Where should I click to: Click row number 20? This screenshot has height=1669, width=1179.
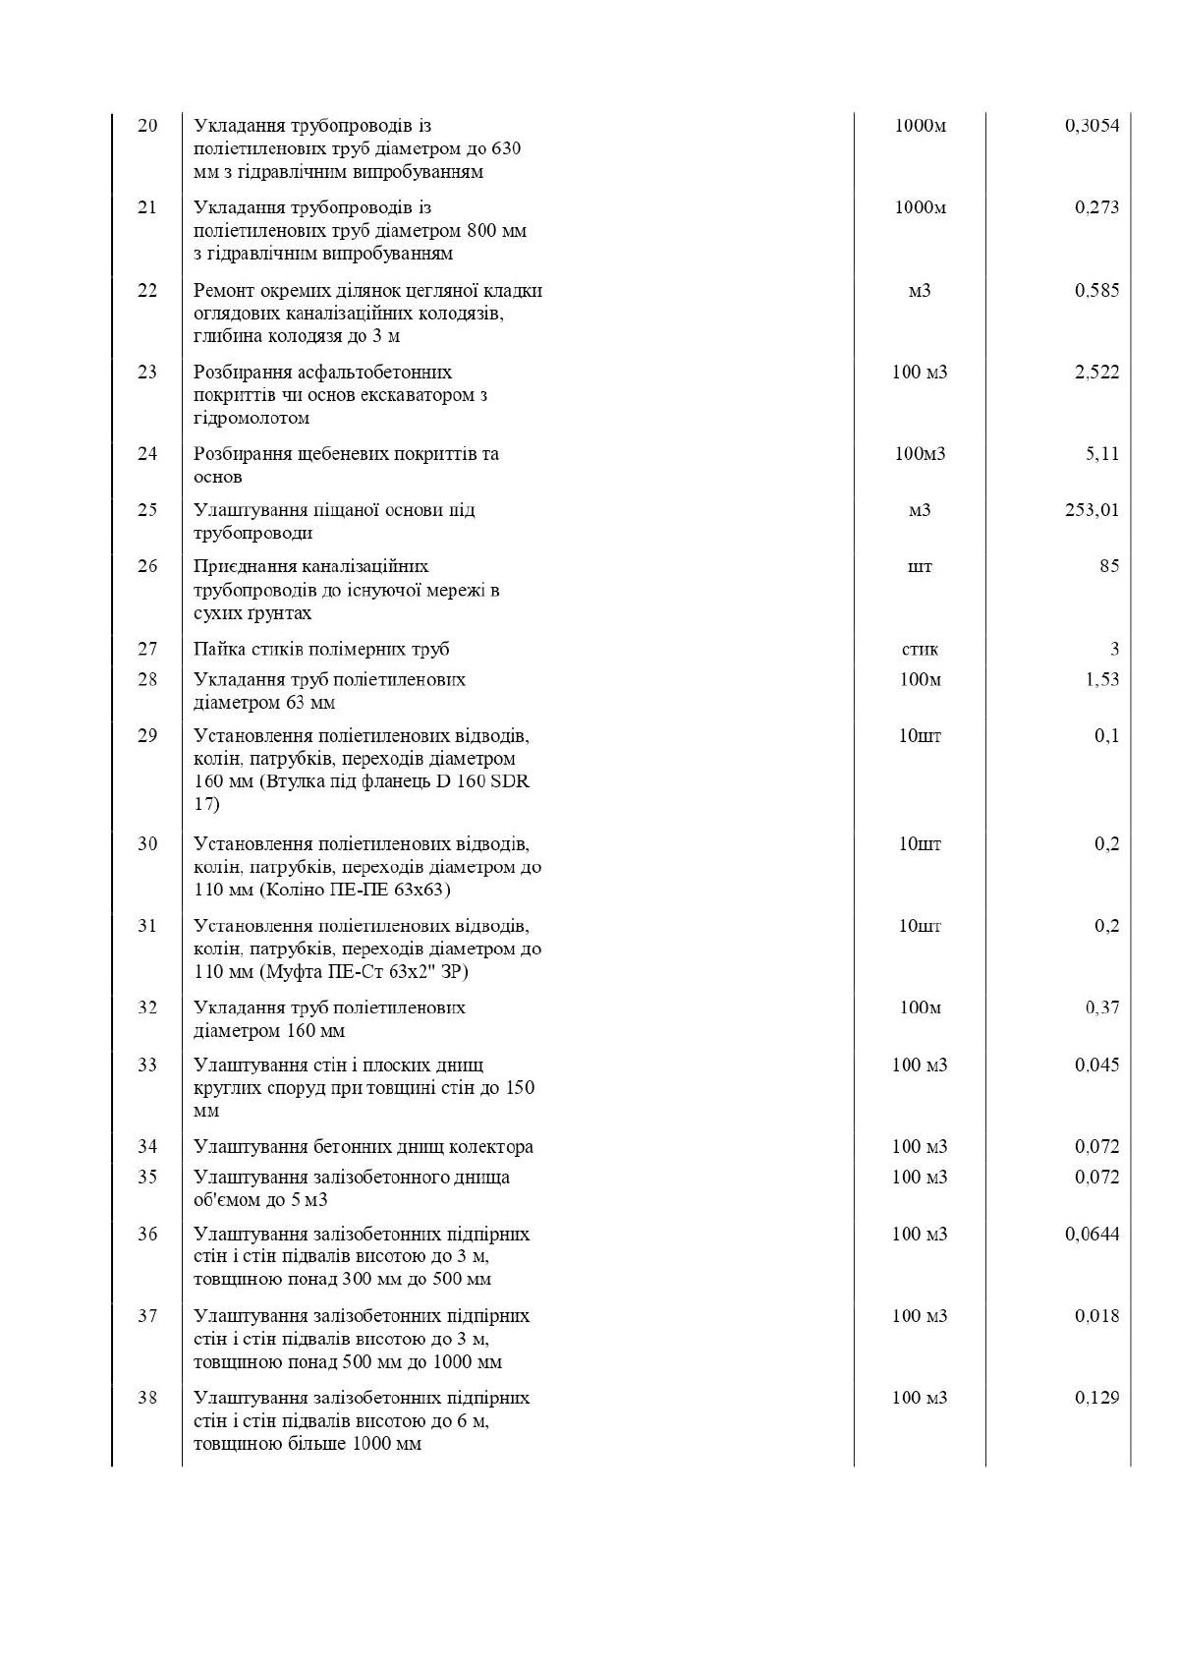coord(147,126)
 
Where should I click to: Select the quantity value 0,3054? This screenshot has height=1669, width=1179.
coord(1092,126)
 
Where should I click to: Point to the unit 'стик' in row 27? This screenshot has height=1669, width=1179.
coord(920,649)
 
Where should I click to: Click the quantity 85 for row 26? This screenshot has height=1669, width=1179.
coord(1108,566)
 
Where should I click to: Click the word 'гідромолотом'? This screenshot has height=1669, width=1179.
coord(252,418)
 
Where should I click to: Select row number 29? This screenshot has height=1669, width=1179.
coord(147,736)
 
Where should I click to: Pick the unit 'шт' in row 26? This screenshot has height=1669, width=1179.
coord(920,566)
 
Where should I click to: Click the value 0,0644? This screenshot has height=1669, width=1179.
coord(1092,1234)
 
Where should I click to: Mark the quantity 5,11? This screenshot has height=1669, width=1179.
coord(1101,453)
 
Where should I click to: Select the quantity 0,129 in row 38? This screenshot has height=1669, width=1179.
coord(1096,1398)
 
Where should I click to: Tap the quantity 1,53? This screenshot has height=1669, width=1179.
coord(1101,679)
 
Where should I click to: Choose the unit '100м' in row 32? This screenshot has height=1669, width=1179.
coord(920,1007)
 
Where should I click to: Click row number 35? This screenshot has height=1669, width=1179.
coord(147,1177)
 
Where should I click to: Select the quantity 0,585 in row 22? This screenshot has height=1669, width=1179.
coord(1096,290)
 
